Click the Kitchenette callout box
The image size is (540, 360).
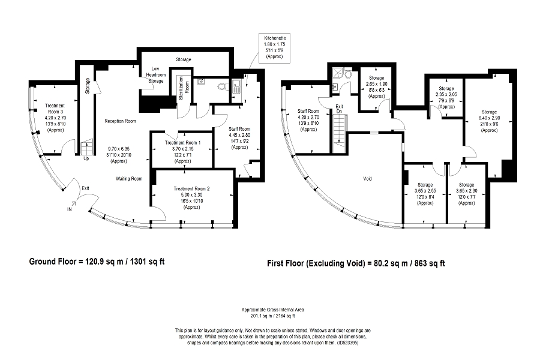274,48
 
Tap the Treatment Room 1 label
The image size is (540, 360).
182,143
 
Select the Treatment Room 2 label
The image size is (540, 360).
191,189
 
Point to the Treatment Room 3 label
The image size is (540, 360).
55,109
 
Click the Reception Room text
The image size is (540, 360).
120,121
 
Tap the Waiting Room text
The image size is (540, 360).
129,179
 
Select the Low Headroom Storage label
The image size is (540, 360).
155,75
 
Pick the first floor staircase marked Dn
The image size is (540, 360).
339,130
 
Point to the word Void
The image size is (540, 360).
367,179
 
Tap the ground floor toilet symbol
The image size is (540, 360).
223,86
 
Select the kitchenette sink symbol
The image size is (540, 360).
236,86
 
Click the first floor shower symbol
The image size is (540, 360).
337,73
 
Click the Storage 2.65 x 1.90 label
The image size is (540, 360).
376,87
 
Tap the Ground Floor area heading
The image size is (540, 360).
97,262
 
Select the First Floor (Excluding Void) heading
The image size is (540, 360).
356,263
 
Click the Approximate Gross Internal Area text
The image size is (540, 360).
273,310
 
